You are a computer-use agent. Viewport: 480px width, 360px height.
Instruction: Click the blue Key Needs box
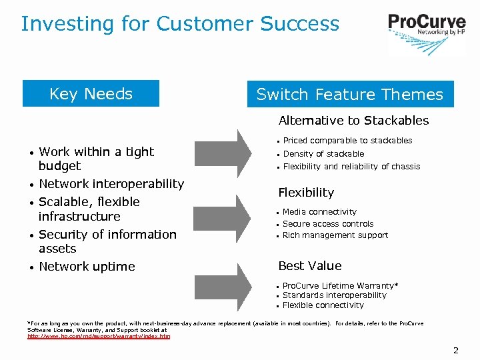[91, 94]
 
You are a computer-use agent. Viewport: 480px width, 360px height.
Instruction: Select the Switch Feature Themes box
[350, 95]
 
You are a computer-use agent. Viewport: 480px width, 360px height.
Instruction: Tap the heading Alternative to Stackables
[353, 121]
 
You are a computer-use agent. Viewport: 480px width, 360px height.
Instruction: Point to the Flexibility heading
[306, 193]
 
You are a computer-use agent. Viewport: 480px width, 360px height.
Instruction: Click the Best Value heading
[309, 266]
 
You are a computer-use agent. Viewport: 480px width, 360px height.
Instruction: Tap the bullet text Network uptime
[87, 267]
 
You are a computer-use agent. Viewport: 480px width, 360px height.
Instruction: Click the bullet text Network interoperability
[111, 184]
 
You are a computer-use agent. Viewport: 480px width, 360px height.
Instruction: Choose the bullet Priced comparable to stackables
[347, 141]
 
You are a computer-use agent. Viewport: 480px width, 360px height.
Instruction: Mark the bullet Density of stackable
[323, 154]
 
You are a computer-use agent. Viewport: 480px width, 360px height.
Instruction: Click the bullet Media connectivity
[319, 212]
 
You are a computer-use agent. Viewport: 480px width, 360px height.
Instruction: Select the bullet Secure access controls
[328, 224]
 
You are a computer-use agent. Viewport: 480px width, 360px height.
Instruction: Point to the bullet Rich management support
[335, 235]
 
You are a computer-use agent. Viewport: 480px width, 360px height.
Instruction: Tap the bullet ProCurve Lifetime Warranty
[340, 285]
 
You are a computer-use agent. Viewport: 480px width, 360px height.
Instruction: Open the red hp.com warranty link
[99, 337]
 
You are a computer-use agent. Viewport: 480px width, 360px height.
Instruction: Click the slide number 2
[456, 350]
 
